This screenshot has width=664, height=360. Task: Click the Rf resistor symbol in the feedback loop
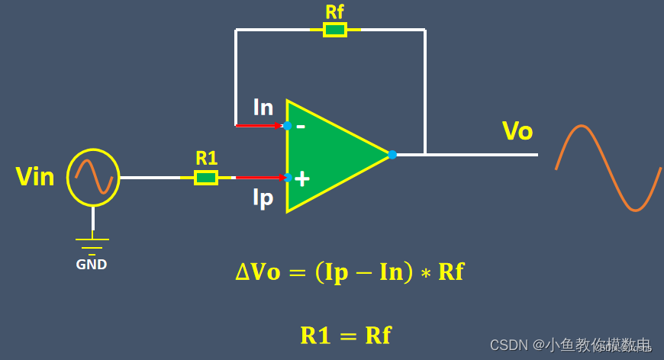tap(335, 30)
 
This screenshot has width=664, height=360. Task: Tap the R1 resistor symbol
tap(206, 178)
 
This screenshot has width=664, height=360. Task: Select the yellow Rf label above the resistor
tap(334, 11)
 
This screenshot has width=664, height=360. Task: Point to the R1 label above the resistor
tap(206, 159)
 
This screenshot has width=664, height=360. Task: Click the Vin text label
tap(35, 178)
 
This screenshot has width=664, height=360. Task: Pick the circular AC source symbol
tap(93, 178)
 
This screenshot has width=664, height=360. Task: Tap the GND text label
tap(92, 265)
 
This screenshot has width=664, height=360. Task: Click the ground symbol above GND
tap(92, 246)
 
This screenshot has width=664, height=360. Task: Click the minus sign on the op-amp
tap(301, 126)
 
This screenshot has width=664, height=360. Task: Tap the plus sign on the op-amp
tap(302, 178)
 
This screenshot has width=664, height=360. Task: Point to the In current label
tap(263, 108)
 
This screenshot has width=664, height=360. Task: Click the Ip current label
tap(263, 198)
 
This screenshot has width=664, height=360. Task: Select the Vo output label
tap(517, 131)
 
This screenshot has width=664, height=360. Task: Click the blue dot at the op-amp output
tap(392, 155)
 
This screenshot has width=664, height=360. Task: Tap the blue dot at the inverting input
tap(288, 126)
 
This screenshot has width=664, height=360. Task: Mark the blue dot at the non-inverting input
tap(288, 178)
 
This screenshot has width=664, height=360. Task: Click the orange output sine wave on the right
tap(608, 168)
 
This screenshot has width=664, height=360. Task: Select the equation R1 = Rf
tap(346, 336)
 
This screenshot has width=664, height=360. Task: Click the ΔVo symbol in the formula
tap(258, 273)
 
